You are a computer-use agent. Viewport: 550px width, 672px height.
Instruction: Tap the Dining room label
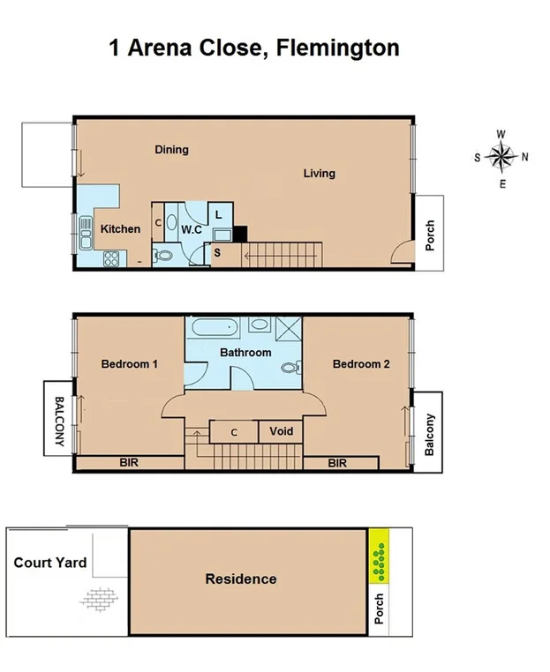171,149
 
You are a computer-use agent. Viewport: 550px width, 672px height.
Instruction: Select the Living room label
319,173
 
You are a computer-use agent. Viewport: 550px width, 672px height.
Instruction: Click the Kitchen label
120,228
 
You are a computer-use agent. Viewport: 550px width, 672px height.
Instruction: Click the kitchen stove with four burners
112,258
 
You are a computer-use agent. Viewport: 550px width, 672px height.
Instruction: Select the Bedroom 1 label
129,363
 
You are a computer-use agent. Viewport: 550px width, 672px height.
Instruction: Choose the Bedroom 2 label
361,363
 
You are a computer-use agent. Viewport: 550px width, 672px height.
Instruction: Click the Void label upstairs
281,431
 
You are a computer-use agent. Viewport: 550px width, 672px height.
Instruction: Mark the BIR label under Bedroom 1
129,462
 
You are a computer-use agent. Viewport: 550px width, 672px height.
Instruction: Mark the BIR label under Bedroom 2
337,462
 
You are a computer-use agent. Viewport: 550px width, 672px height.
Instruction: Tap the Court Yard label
50,562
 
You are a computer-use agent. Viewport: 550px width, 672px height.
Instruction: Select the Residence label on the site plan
241,579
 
